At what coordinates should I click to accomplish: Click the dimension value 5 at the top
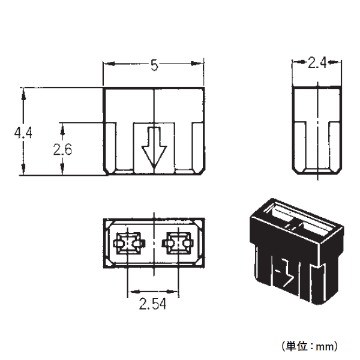154,65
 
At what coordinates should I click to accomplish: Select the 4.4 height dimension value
23,133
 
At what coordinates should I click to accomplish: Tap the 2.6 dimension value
62,149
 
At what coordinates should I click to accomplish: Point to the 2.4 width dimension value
317,62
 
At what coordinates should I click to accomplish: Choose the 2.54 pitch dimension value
152,304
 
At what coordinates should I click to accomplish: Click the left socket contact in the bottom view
129,244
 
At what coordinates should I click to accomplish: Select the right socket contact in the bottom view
178,244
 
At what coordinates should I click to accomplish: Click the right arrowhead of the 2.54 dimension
173,292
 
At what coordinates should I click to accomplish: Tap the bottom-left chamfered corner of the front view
106,172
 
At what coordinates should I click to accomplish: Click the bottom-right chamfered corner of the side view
338,171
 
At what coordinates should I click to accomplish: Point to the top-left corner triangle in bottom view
109,224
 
